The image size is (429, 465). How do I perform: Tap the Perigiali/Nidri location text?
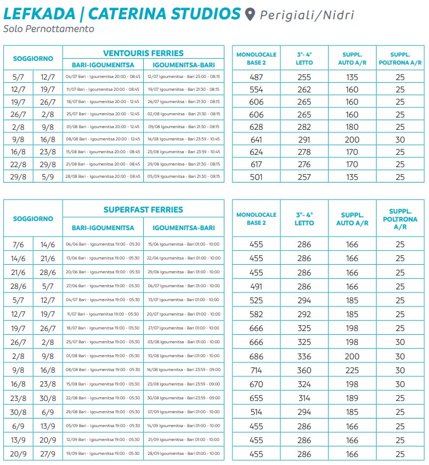(x=307, y=14)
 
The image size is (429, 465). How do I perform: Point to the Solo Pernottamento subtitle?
(x=49, y=29)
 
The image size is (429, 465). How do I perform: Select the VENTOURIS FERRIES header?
(x=143, y=53)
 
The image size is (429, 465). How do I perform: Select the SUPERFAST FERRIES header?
(x=143, y=210)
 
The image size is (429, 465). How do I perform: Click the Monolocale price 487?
(x=256, y=77)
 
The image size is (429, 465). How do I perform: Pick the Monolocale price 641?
(x=256, y=139)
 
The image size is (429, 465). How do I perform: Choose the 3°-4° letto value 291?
(x=304, y=139)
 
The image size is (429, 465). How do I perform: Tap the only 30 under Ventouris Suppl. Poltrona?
(x=400, y=139)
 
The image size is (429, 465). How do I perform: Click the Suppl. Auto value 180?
(x=352, y=127)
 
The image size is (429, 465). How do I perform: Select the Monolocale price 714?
(x=256, y=370)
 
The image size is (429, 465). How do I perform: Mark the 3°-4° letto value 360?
(x=304, y=370)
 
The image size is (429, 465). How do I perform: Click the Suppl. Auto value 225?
(x=352, y=370)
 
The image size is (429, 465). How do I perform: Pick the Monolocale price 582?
(x=256, y=314)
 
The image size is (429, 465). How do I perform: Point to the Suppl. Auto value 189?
(x=352, y=398)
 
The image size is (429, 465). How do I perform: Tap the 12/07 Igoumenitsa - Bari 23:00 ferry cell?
(x=183, y=77)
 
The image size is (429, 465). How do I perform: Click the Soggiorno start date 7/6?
(x=18, y=245)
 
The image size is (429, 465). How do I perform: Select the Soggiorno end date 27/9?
(x=48, y=454)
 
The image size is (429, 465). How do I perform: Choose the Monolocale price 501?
(x=256, y=177)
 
